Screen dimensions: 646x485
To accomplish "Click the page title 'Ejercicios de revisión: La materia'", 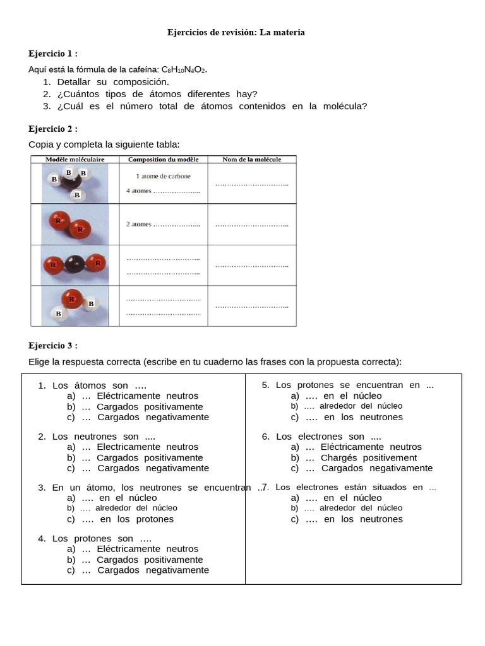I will coord(236,32).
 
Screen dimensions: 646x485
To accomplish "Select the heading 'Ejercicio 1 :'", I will coord(53,54).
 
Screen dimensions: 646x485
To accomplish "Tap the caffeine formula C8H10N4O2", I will coord(184,69).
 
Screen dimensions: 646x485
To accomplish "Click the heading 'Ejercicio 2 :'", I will coord(53,129).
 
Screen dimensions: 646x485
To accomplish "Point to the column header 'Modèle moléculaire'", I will coord(75,160).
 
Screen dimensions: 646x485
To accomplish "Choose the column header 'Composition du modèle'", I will coord(163,160).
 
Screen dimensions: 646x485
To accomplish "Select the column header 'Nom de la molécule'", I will coord(251,160).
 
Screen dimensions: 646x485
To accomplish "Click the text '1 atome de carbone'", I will coord(163,177).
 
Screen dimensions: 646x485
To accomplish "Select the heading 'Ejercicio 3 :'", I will coord(53,346).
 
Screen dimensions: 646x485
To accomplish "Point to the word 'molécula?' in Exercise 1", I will coord(346,106).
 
